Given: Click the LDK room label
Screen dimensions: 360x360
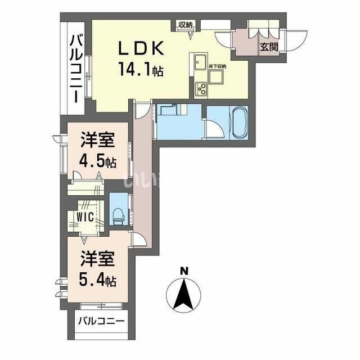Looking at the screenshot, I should tap(140, 49).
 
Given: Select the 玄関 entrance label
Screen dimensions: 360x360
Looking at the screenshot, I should tap(268, 47).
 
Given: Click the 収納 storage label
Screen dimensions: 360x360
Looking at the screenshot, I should tap(186, 24).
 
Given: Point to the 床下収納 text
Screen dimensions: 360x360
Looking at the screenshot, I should tap(217, 66).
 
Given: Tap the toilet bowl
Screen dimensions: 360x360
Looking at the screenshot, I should tap(118, 213).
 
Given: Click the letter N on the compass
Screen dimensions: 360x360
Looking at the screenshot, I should tap(183, 271).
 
